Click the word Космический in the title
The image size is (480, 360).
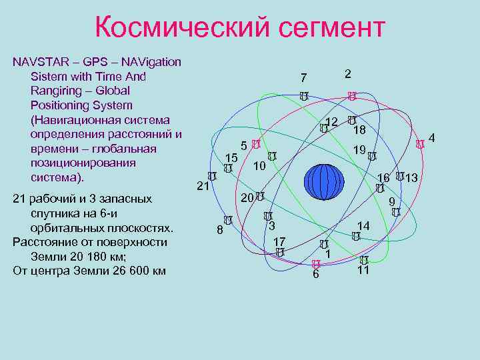(x=179, y=28)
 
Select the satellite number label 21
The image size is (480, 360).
(x=203, y=187)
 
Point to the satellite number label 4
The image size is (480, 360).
(x=432, y=138)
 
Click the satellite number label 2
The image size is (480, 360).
(x=348, y=74)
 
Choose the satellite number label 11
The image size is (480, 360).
(x=363, y=271)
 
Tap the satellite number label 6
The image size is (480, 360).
(x=316, y=275)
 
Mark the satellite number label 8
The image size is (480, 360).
(x=220, y=231)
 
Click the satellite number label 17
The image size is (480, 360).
(x=280, y=241)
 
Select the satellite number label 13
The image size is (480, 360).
(x=411, y=178)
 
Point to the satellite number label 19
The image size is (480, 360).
(x=359, y=151)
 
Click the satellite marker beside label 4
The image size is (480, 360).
(x=419, y=144)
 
